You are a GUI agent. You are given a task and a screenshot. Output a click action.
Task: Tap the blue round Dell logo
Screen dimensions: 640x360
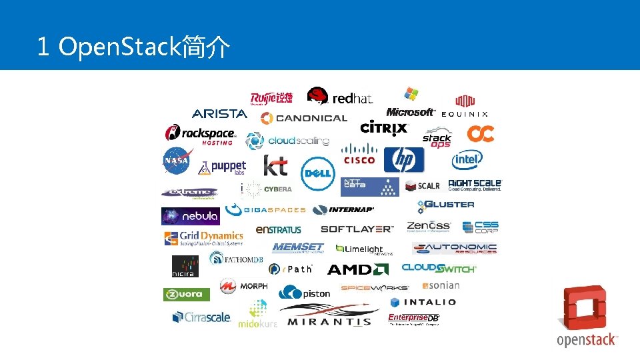click(x=317, y=173)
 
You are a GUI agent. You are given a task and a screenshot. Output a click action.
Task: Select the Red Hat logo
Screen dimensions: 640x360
click(x=339, y=97)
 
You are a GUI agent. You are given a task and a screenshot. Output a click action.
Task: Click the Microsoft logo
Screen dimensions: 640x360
click(x=411, y=103)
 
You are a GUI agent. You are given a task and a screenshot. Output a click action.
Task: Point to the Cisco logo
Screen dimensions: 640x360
click(x=359, y=154)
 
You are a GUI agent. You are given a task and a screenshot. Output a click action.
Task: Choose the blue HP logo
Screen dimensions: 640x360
click(x=403, y=160)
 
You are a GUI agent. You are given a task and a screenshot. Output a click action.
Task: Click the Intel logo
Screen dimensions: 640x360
click(x=467, y=160)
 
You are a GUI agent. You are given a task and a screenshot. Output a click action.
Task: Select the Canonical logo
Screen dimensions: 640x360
click(x=303, y=118)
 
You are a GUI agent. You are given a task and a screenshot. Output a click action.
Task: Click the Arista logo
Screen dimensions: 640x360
click(x=219, y=114)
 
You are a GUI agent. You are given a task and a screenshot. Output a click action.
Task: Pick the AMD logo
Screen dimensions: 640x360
click(x=357, y=269)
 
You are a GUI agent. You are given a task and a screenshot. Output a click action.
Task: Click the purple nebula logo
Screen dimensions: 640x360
click(x=191, y=216)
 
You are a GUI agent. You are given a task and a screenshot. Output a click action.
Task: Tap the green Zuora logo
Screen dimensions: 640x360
click(x=187, y=294)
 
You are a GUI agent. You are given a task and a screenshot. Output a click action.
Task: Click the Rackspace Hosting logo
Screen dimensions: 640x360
click(x=200, y=135)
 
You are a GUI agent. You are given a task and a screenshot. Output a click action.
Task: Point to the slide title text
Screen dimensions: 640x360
click(x=134, y=47)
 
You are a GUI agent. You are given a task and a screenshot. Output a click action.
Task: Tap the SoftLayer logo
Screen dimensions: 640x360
click(x=357, y=229)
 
